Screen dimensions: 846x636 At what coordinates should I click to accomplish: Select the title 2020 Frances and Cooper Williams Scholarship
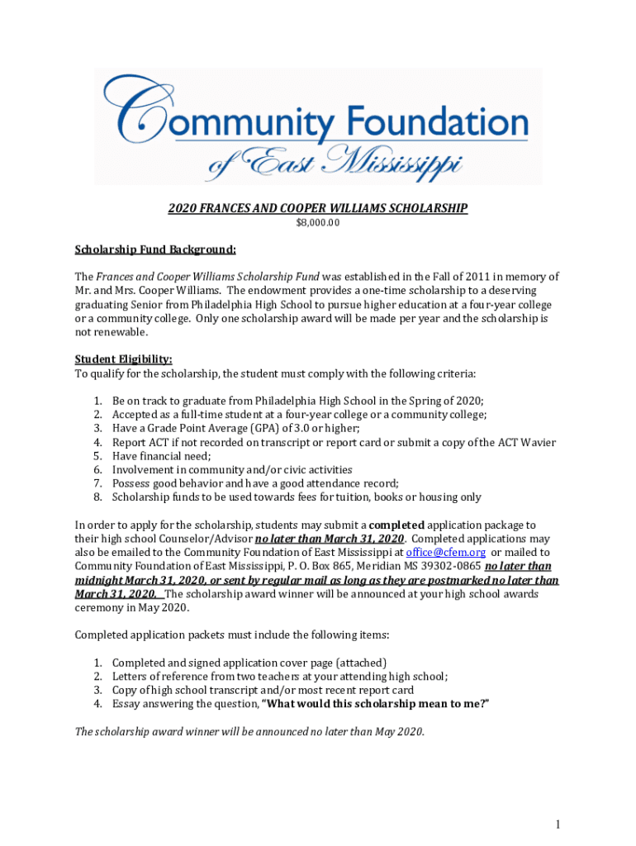coord(318,209)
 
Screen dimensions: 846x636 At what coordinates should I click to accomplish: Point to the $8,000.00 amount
coord(318,223)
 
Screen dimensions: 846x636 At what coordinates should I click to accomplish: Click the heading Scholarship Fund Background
coord(155,250)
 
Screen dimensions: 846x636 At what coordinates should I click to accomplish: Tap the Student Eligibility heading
coord(124,359)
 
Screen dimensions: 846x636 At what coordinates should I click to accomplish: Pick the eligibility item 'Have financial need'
coord(162,456)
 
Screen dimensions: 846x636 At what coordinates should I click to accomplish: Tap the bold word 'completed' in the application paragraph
coord(396,525)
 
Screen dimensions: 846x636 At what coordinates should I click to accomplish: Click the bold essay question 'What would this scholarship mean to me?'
coord(375,704)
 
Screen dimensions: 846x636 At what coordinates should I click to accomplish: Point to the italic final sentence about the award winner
coord(249,732)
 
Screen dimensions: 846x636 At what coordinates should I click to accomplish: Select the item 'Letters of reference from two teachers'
coord(280,676)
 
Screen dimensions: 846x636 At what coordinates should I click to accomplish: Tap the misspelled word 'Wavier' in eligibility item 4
coord(539,443)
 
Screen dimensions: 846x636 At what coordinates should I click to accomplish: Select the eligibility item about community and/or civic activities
coord(232,470)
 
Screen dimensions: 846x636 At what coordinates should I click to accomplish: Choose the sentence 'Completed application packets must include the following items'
coord(232,635)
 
